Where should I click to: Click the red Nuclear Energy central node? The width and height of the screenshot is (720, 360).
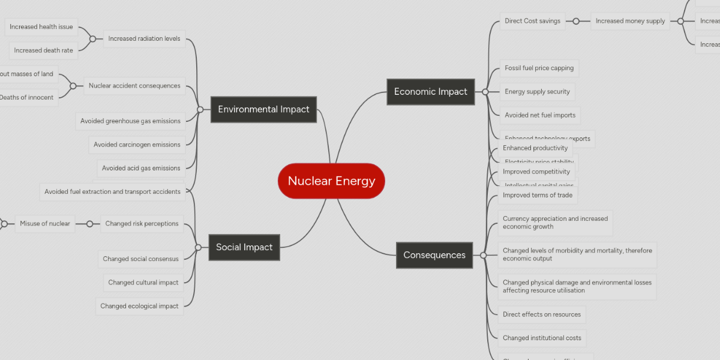point(331,181)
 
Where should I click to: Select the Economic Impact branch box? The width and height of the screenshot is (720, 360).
point(430,92)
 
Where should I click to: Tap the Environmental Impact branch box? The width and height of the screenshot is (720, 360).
point(263,109)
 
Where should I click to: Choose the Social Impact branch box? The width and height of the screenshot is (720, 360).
point(244,247)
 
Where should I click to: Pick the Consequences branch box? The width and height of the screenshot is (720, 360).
point(434,255)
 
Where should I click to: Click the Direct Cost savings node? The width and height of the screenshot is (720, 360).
point(532,21)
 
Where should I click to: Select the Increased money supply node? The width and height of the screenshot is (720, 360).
point(630,21)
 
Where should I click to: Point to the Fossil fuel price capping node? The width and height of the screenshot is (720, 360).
point(539,68)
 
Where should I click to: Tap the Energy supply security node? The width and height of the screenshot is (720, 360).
point(537,92)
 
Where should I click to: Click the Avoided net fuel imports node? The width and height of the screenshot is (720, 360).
point(540,115)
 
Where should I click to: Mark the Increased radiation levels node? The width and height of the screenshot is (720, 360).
point(144,39)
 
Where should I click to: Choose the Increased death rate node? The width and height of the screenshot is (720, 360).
point(43,50)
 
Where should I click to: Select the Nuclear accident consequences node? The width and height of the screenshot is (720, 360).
point(134,86)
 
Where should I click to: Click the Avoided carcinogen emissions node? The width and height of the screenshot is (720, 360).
point(137,145)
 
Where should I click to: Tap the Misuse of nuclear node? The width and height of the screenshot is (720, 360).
point(45,224)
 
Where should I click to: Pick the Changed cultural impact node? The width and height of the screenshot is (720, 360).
point(143,283)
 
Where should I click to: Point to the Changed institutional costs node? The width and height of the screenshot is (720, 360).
point(542,338)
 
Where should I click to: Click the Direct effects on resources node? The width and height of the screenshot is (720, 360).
point(542,314)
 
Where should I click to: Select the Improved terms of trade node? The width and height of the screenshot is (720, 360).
point(538,195)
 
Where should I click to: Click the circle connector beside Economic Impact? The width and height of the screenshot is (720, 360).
point(485,92)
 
